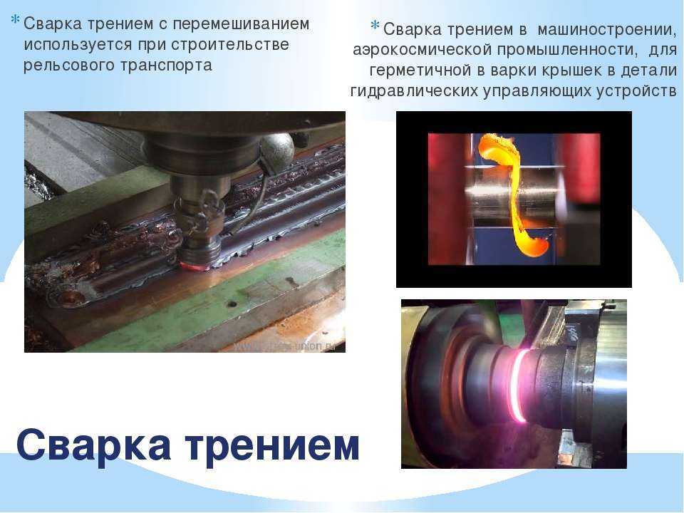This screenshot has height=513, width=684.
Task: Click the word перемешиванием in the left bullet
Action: (241, 24)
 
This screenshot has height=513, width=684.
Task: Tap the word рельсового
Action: (69, 66)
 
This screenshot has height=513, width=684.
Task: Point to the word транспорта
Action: (166, 66)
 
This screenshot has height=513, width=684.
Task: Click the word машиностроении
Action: (607, 30)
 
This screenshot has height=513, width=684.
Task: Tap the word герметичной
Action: (420, 71)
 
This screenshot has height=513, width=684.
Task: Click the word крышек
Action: (572, 71)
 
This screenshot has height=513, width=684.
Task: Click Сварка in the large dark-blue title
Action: (93, 445)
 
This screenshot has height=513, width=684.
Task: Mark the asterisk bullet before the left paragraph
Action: (15, 20)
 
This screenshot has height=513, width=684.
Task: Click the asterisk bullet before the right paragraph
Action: (375, 26)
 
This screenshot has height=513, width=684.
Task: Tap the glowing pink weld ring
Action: (520, 385)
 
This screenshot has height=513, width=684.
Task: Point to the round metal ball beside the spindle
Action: (276, 150)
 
